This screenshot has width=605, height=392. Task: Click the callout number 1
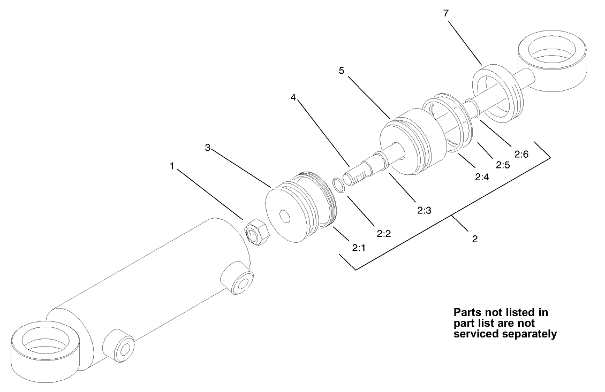pos(172,166)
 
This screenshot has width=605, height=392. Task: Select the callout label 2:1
pos(359,248)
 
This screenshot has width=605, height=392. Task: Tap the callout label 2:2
pos(384,233)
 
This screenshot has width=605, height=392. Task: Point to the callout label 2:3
pos(424,210)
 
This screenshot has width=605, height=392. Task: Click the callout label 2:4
pos(482,176)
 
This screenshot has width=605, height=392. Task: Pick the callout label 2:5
pos(502,165)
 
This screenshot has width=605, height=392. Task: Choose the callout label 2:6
pos(521,154)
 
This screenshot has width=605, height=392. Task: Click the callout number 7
pos(445,13)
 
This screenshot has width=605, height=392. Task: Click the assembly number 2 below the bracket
pos(474,239)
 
